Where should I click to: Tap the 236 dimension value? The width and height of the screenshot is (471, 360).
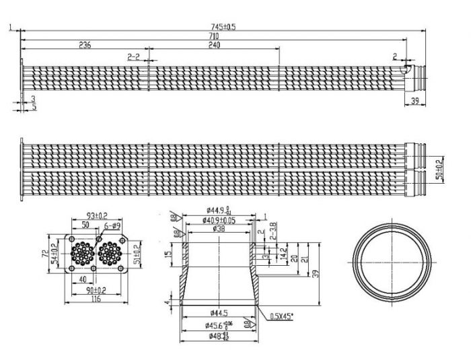(85, 45)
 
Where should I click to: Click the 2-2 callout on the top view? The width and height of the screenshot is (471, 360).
(133, 57)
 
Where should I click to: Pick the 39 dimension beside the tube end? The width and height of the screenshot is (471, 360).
(414, 100)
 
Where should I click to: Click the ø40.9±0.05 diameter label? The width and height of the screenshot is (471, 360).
(221, 220)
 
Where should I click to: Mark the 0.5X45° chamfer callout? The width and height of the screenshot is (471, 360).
(283, 316)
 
